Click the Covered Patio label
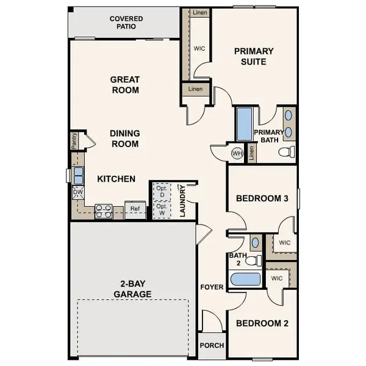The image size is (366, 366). (x=126, y=23)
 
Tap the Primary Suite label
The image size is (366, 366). (x=254, y=56)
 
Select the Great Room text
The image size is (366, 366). (x=124, y=85)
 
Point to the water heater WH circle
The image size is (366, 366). (x=237, y=153)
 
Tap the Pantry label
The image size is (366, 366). (x=74, y=142)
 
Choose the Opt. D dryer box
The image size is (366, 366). (x=161, y=191)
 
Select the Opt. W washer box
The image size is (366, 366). (x=161, y=209)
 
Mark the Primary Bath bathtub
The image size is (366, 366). (x=245, y=124)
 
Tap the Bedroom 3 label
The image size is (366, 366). (x=262, y=198)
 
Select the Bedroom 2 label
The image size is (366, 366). (x=262, y=323)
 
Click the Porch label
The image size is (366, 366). (x=212, y=345)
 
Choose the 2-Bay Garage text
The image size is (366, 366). (x=132, y=289)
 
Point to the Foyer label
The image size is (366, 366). (x=212, y=287)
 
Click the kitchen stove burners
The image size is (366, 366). (x=103, y=211)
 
